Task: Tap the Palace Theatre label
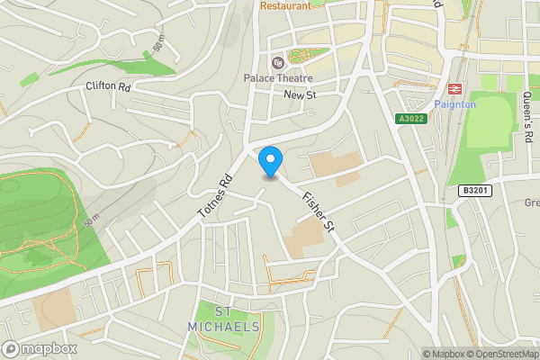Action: point(284,77)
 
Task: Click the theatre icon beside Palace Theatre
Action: point(276,62)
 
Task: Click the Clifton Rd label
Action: point(108,87)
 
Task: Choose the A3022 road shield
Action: point(410,118)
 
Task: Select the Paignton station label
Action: point(454,104)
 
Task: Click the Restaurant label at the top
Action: point(285,5)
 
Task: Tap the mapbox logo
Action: point(38,348)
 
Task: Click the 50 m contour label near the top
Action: point(158,41)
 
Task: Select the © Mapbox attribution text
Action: point(444,354)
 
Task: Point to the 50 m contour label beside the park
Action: point(92,217)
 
